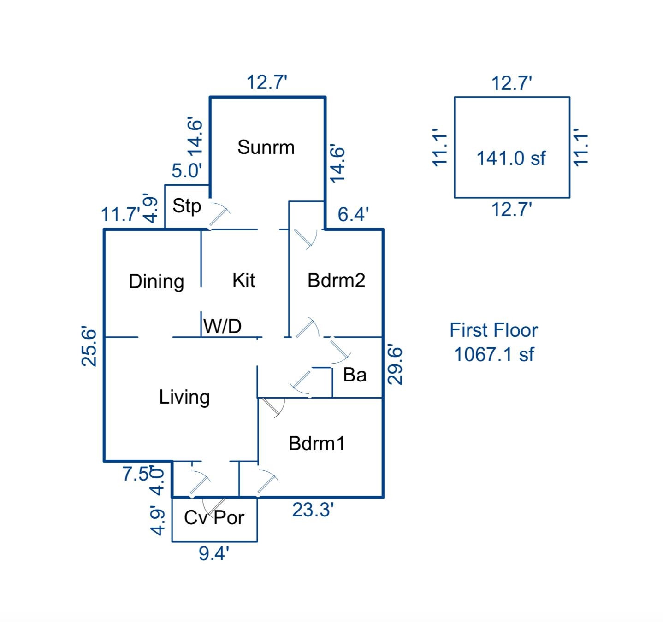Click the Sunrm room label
point(266,147)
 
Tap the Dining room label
point(156,282)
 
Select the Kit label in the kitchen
point(243,280)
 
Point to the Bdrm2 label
point(336,280)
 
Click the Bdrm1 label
point(316,443)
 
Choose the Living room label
point(184,397)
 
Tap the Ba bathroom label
point(355,375)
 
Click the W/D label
point(222,326)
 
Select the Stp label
point(186,206)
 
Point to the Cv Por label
point(214,518)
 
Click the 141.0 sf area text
point(510,158)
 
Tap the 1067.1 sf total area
point(494,355)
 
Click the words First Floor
point(493,330)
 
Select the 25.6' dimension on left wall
point(89,347)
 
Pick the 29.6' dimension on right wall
point(395,365)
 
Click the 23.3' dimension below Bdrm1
point(313,510)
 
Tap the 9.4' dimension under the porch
point(213,553)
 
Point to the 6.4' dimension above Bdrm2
point(353,214)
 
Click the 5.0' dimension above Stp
point(187,171)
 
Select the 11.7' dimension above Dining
point(120,215)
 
